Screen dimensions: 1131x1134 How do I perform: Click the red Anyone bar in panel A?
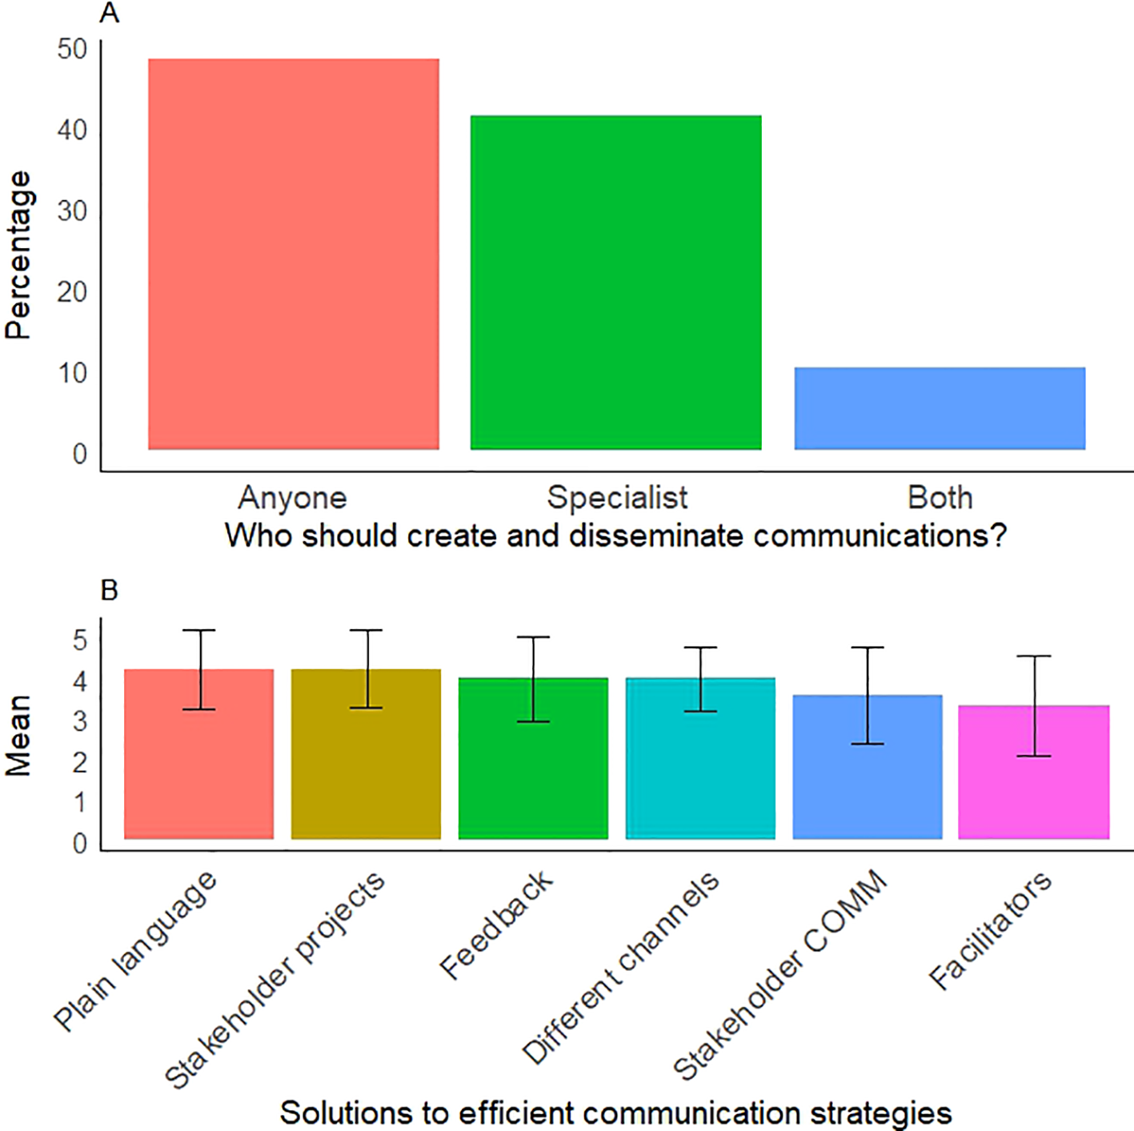click(294, 254)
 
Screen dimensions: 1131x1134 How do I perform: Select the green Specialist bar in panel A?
click(615, 283)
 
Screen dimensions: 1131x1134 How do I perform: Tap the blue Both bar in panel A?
click(940, 408)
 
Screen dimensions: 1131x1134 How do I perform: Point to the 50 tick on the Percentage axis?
click(72, 50)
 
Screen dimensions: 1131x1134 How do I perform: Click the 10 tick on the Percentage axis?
click(72, 373)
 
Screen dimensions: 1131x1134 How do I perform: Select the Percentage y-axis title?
click(18, 255)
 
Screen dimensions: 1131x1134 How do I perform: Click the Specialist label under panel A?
click(617, 498)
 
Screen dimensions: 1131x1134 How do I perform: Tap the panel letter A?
click(110, 13)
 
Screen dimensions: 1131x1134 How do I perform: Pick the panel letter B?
click(110, 590)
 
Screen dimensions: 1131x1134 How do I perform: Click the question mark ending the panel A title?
click(997, 535)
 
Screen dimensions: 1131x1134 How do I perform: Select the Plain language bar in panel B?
click(198, 754)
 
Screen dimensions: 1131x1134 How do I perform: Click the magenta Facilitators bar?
click(1033, 772)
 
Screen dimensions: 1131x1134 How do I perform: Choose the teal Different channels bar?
click(700, 758)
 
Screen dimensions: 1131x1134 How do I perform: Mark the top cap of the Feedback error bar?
click(533, 637)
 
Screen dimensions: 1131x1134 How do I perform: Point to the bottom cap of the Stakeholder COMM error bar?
click(868, 744)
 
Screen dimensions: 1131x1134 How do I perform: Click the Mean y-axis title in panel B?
click(18, 735)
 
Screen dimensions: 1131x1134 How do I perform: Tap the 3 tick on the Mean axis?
click(80, 722)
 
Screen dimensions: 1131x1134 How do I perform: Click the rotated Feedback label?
click(496, 925)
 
